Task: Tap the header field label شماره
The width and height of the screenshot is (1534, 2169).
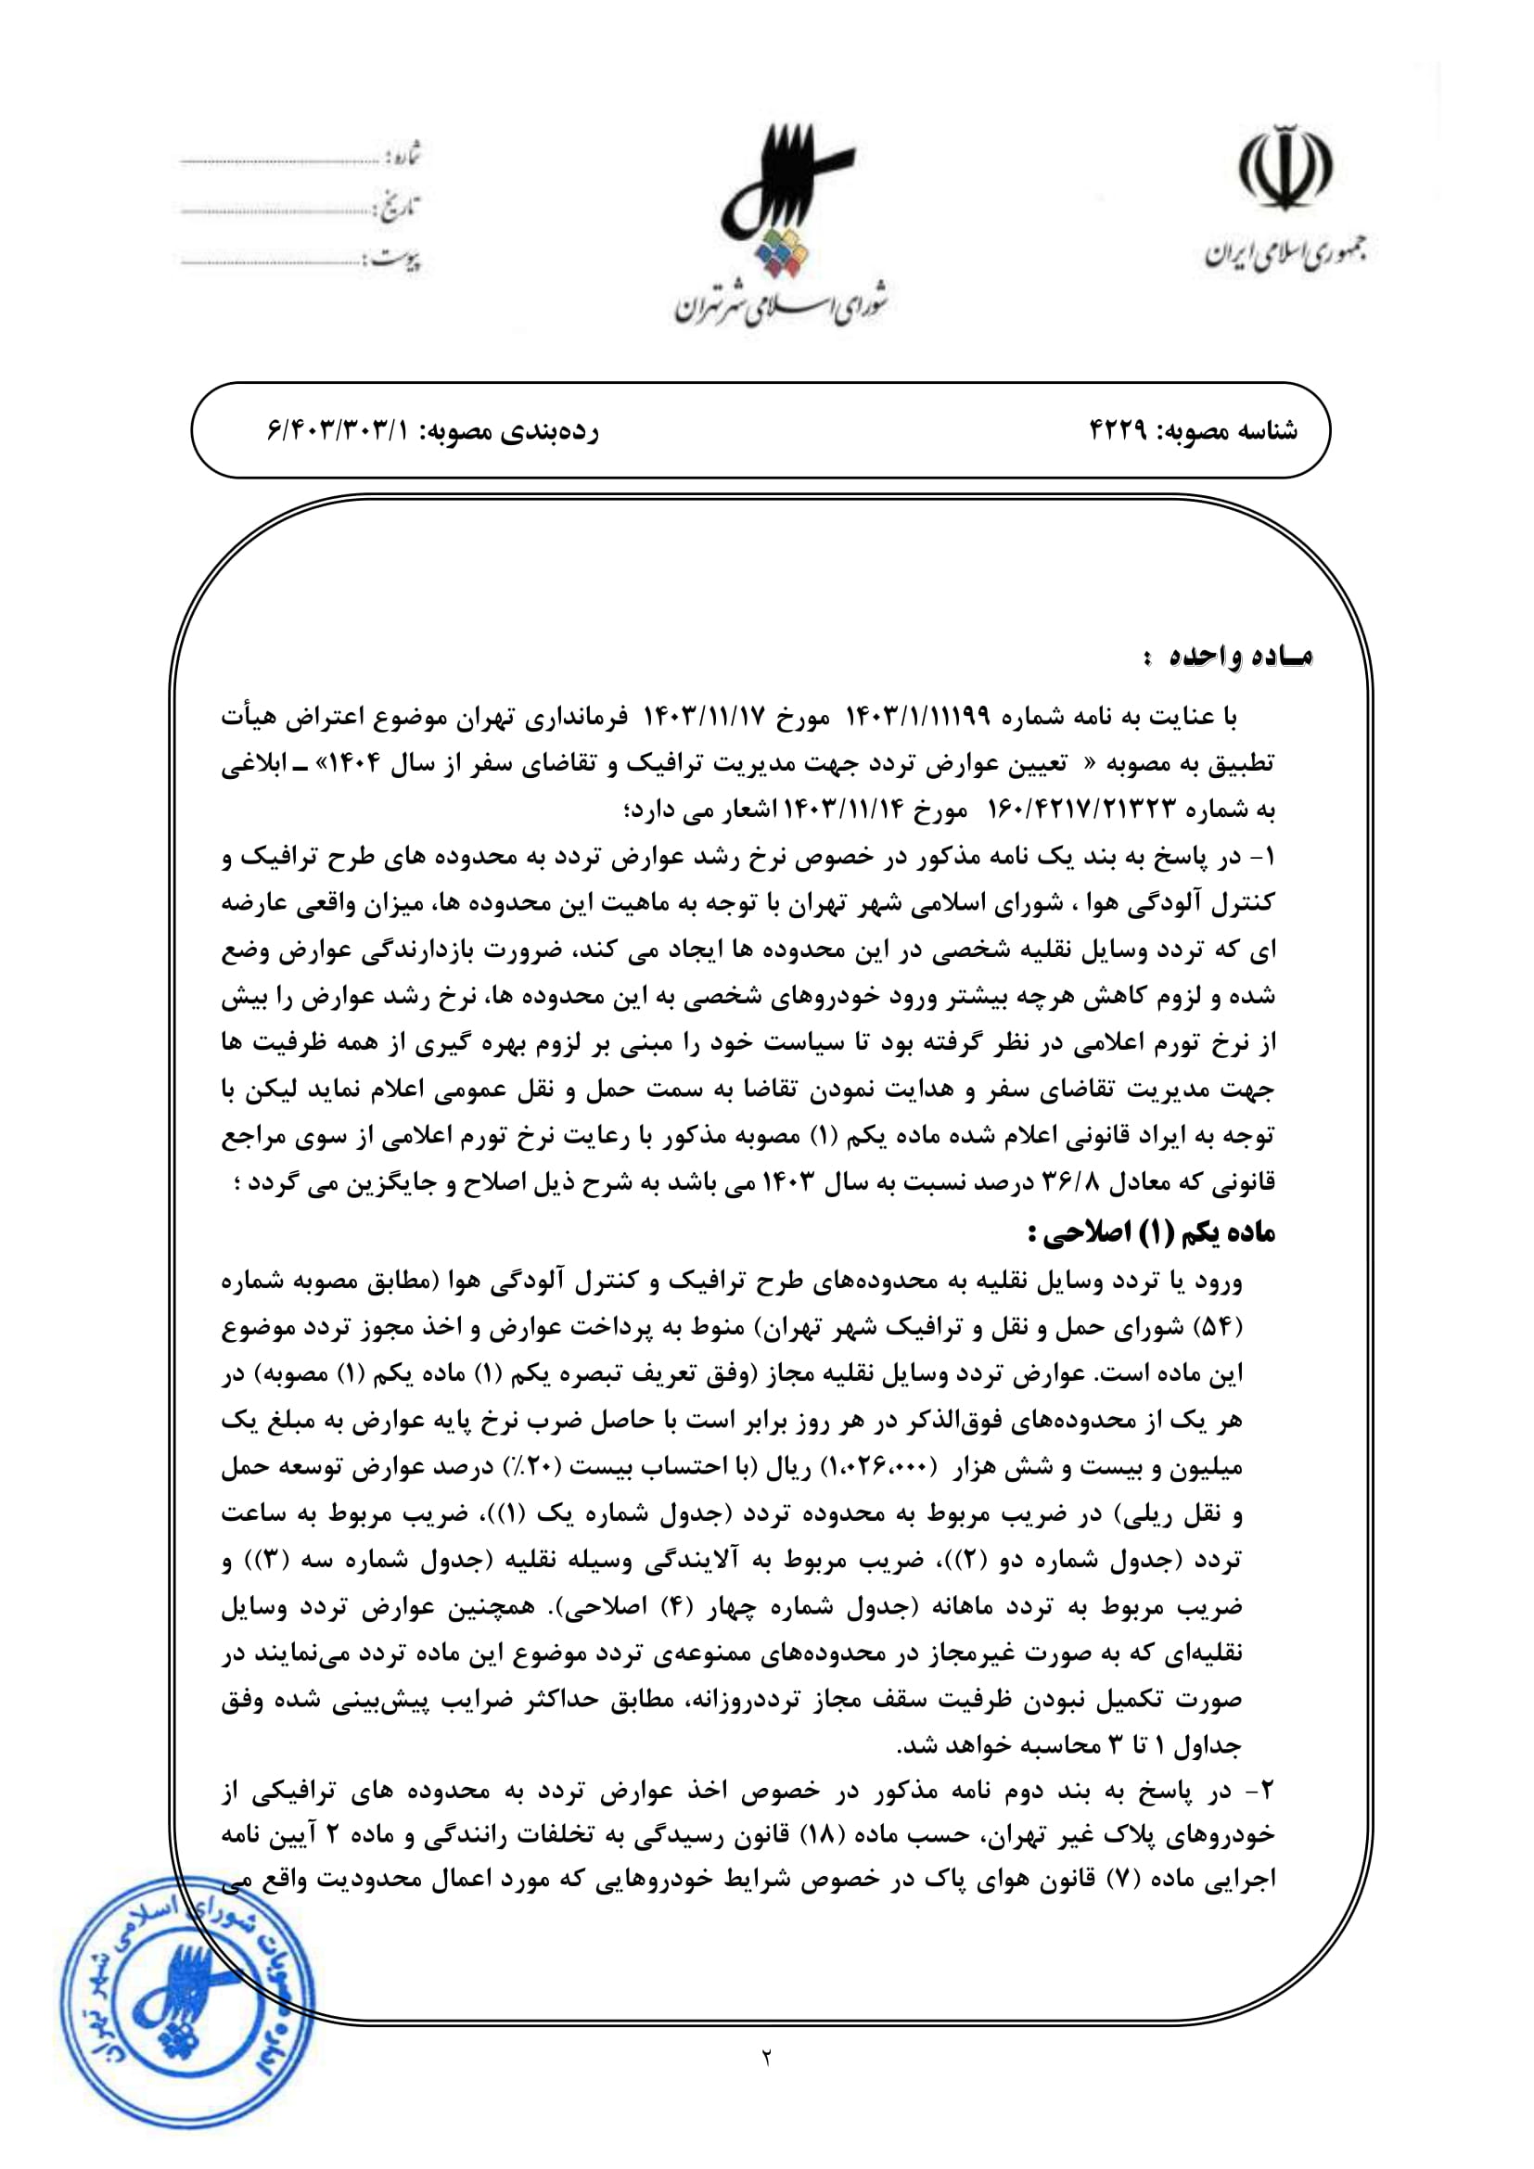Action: point(404,154)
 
